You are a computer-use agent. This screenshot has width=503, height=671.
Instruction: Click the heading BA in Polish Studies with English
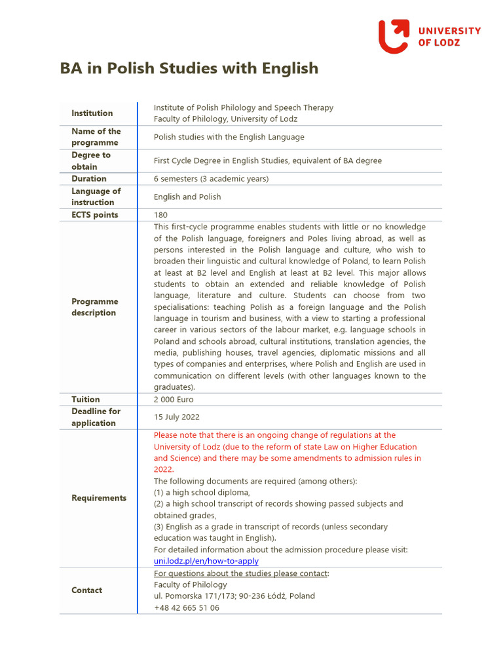[189, 68]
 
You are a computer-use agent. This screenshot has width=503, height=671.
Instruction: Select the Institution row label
[92, 113]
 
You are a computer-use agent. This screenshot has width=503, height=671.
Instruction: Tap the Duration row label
[89, 179]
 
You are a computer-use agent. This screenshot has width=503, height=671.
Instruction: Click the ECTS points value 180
[160, 215]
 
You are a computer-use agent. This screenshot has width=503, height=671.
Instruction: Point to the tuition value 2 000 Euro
[174, 399]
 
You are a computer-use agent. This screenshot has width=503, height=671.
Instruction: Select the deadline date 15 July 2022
[177, 417]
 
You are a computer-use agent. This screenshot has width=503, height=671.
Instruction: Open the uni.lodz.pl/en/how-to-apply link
[206, 561]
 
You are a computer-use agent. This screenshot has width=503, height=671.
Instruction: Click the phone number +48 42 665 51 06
[187, 607]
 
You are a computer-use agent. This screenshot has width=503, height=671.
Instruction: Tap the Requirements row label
[99, 498]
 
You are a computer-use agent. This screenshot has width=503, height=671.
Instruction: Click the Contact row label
[86, 590]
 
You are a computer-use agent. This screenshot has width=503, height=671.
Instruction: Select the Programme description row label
[95, 307]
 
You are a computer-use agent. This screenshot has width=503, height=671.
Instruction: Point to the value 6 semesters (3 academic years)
[211, 179]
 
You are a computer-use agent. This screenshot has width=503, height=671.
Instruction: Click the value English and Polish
[187, 197]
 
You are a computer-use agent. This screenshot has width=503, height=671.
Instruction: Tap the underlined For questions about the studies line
[241, 573]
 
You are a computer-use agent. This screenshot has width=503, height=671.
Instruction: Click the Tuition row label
[86, 399]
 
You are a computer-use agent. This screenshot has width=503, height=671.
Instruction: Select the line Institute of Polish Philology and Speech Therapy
[243, 107]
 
